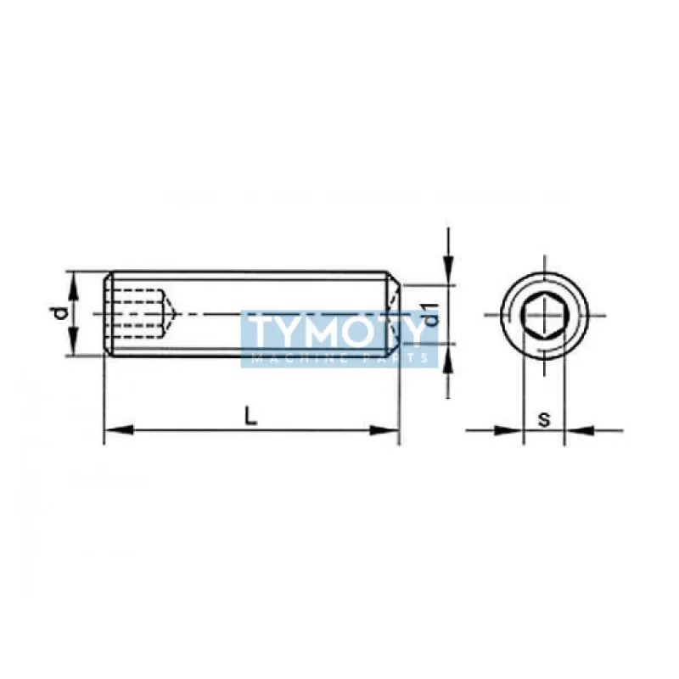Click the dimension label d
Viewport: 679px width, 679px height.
pyautogui.click(x=63, y=313)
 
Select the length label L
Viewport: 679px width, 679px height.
pyautogui.click(x=250, y=416)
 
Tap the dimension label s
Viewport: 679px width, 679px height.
pyautogui.click(x=544, y=418)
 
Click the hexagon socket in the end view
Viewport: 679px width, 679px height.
pyautogui.click(x=544, y=315)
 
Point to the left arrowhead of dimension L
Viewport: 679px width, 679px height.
pyautogui.click(x=118, y=430)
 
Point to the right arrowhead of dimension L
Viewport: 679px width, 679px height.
pyautogui.click(x=384, y=430)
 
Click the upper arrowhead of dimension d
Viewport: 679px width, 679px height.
pyautogui.click(x=74, y=286)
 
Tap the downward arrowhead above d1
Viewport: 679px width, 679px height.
pyautogui.click(x=448, y=271)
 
